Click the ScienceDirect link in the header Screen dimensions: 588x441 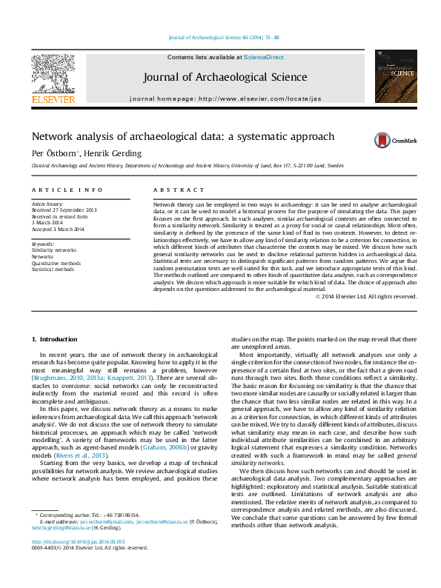265,57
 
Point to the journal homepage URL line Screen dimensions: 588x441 225,98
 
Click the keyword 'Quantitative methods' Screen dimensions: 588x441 56,263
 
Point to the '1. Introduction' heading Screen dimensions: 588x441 54,339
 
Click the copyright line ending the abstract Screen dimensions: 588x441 365,296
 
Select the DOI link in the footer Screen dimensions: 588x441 73,561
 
